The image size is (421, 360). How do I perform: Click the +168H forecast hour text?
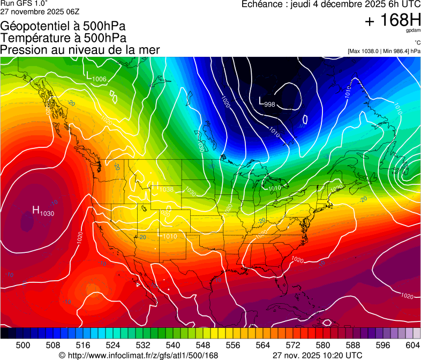click(x=393, y=21)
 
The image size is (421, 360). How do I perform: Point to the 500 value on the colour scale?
click(x=23, y=345)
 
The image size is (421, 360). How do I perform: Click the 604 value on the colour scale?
click(x=412, y=345)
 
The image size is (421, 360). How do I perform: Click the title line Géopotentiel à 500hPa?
click(x=63, y=26)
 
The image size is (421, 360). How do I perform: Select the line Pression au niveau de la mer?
click(x=80, y=50)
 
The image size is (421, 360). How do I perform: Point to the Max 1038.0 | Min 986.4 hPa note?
click(x=384, y=51)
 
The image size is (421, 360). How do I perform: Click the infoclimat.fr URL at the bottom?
click(x=139, y=355)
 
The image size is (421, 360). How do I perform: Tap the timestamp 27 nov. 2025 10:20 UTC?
click(x=317, y=355)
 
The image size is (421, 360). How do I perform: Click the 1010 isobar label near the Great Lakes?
click(x=275, y=188)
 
